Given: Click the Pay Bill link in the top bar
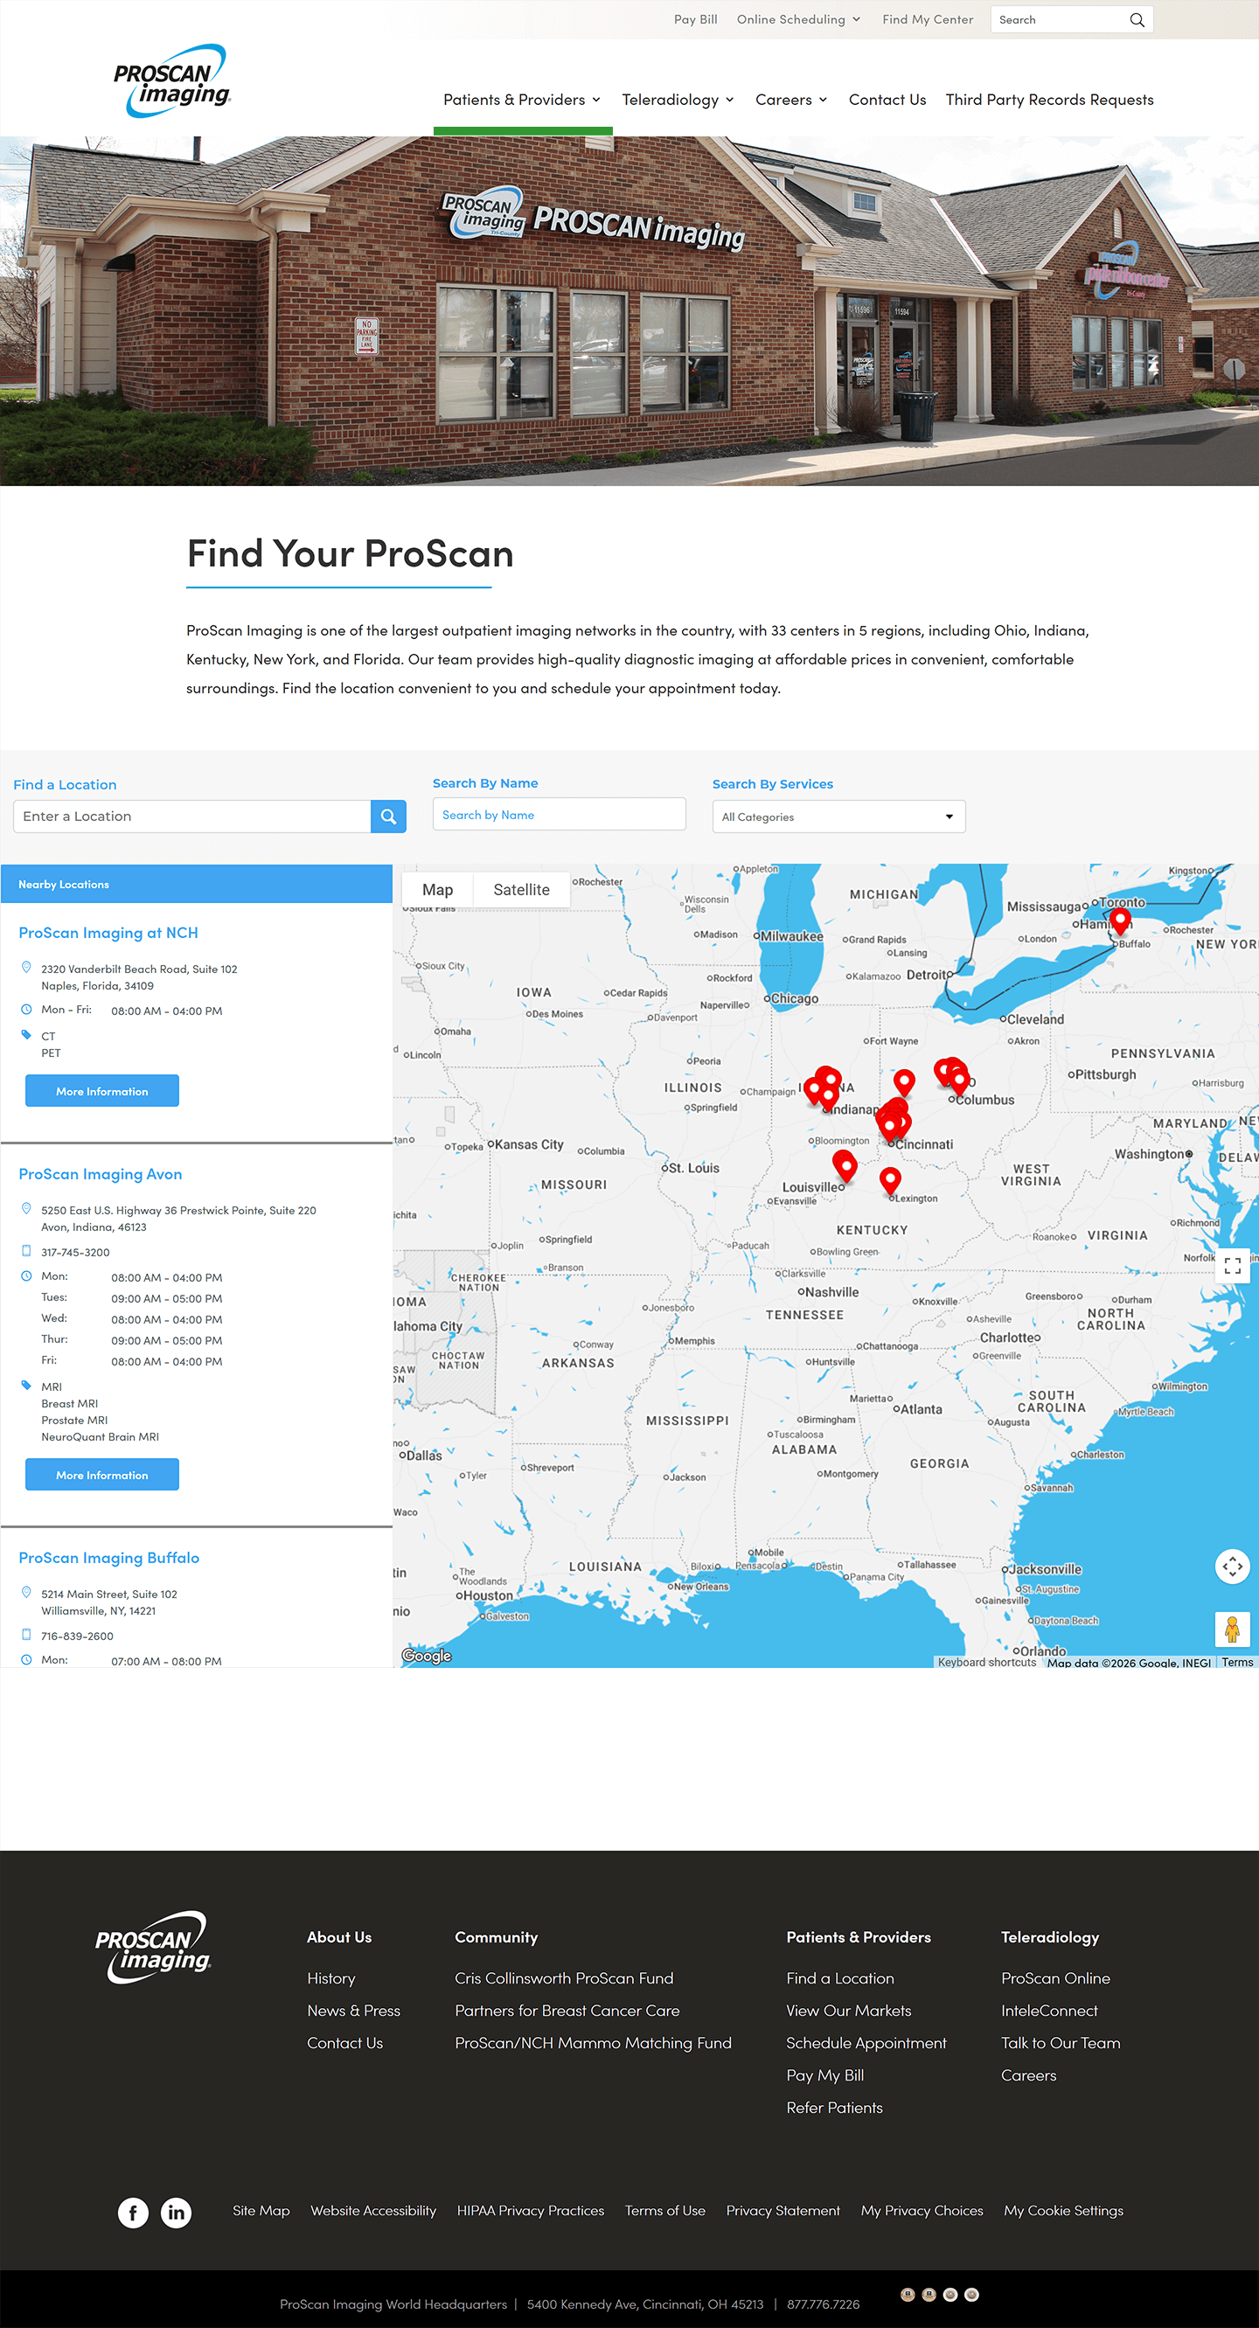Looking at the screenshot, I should pyautogui.click(x=695, y=19).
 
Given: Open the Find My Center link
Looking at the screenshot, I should pyautogui.click(x=928, y=19).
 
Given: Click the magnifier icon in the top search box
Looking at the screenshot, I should pyautogui.click(x=1136, y=20).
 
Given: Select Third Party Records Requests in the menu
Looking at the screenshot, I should pyautogui.click(x=1048, y=100).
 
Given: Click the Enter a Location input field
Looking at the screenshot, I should pyautogui.click(x=191, y=816).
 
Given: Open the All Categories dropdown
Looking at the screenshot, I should pyautogui.click(x=838, y=816).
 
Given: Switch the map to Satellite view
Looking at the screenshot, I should pyautogui.click(x=520, y=889).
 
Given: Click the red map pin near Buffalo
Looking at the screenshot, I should pyautogui.click(x=1120, y=919).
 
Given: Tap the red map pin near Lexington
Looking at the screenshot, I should pyautogui.click(x=889, y=1178).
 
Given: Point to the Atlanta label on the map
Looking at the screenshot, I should pyautogui.click(x=921, y=1409).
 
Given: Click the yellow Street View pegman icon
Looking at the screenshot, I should pyautogui.click(x=1231, y=1629).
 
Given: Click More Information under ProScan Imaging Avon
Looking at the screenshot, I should pyautogui.click(x=102, y=1474).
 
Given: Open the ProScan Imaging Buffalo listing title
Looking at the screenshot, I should pyautogui.click(x=109, y=1557).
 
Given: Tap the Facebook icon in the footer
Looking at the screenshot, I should pyautogui.click(x=133, y=2212).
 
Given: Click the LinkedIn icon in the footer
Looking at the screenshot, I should pyautogui.click(x=177, y=2212).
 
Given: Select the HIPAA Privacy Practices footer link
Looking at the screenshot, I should pyautogui.click(x=531, y=2210).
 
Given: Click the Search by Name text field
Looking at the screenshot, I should pyautogui.click(x=559, y=814).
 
